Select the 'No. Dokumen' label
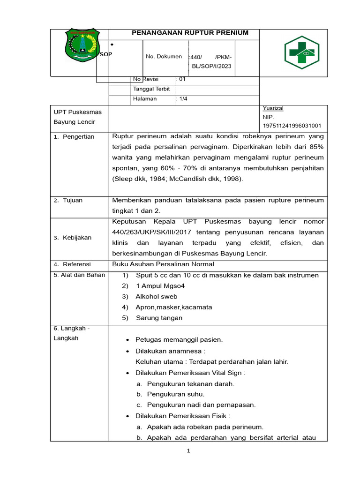[x=164, y=57]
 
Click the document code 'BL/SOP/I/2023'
[x=211, y=66]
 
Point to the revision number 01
[x=182, y=79]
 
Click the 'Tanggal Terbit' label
[x=151, y=89]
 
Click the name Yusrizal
[x=273, y=108]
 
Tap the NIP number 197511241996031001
[x=292, y=126]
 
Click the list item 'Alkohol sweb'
[x=157, y=296]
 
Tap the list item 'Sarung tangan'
[x=159, y=318]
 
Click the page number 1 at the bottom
[x=188, y=451]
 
